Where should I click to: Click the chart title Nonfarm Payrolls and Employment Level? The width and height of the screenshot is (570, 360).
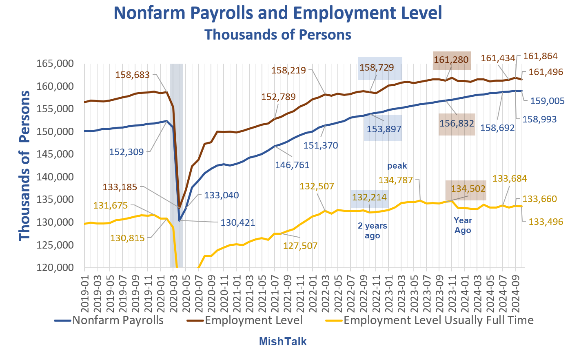point(277,13)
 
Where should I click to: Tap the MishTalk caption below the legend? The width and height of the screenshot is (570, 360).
point(282,341)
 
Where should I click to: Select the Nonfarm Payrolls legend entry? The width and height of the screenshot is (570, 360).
point(118,320)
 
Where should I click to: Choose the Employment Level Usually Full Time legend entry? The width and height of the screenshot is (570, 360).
point(438,320)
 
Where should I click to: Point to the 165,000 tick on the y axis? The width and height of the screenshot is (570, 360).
point(55,64)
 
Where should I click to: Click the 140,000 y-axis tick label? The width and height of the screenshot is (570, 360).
point(55,177)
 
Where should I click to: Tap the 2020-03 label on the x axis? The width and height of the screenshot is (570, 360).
point(173,291)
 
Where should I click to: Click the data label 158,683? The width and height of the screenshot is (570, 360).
point(133,75)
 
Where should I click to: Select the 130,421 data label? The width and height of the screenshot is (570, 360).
point(237,223)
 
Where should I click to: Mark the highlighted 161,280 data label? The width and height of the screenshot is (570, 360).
point(451,60)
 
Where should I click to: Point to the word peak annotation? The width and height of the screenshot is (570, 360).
point(397,166)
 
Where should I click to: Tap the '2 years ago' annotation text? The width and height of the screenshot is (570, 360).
point(373,231)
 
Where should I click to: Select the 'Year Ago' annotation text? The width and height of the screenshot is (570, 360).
point(463,225)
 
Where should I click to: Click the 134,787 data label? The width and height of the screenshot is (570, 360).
point(396,180)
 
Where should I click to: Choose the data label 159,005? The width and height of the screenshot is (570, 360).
point(547,101)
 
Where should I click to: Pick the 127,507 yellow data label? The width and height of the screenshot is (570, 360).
point(300,246)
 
